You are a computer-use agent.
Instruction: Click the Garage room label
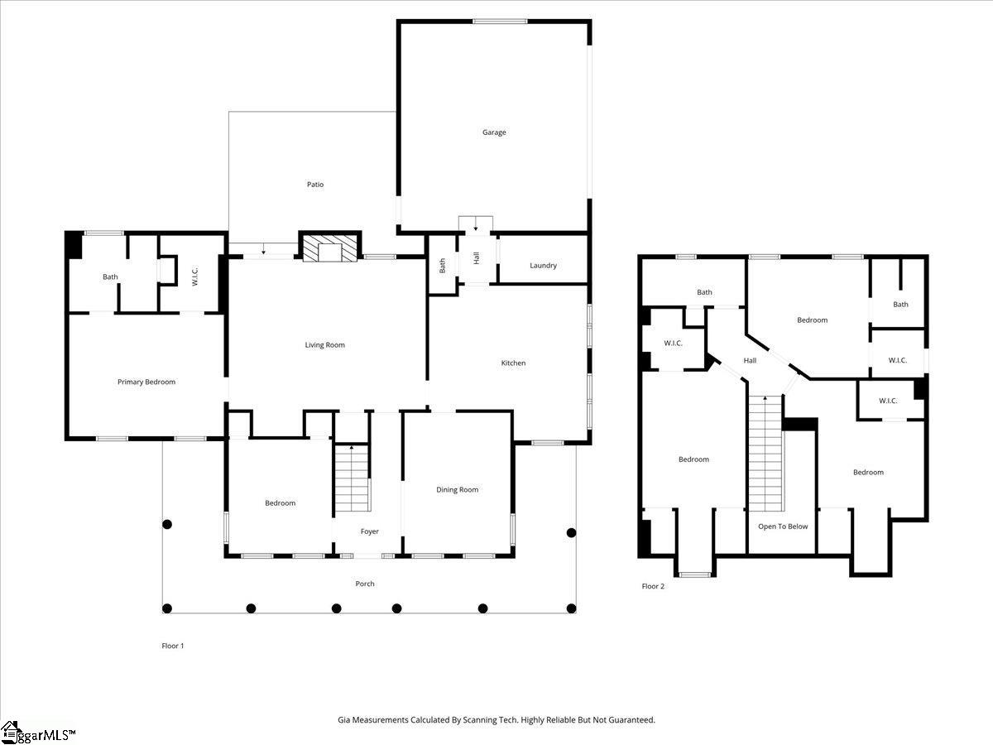[494, 132]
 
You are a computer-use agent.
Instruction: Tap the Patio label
[315, 185]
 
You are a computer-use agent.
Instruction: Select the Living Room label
[324, 345]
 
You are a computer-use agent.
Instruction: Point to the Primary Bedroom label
[146, 382]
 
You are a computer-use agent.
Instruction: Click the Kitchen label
[513, 363]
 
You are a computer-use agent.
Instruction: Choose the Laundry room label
[543, 266]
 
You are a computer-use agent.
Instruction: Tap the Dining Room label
[457, 490]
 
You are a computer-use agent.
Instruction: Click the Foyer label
[369, 531]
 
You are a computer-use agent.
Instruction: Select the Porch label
[365, 584]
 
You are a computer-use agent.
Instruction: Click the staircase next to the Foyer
[352, 478]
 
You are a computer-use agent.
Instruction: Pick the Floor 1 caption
[172, 646]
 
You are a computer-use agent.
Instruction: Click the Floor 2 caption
[653, 587]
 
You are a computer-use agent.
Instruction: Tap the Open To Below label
[783, 526]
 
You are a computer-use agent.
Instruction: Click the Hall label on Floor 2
[750, 361]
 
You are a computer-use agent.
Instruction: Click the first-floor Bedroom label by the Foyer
[280, 503]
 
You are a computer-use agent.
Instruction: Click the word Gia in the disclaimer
[344, 720]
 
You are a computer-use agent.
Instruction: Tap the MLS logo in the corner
[37, 733]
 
